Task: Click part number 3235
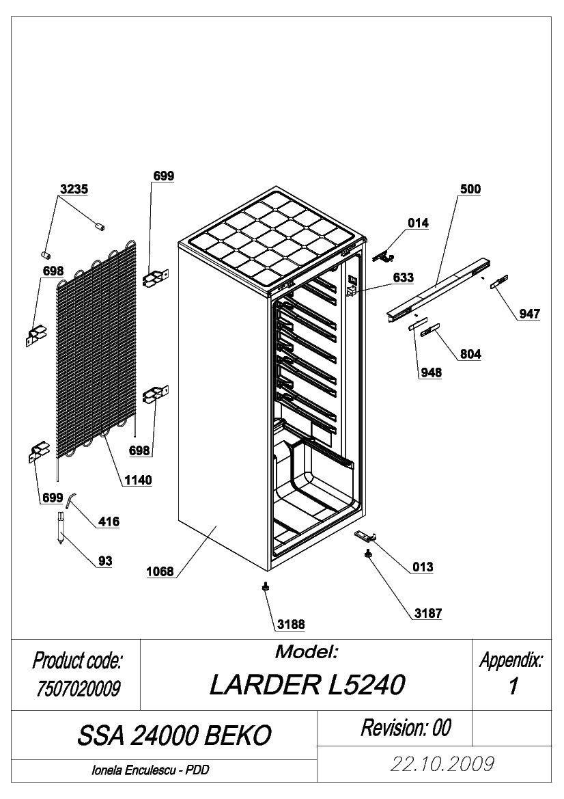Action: click(x=74, y=189)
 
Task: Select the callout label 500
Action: click(x=470, y=189)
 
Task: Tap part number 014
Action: click(x=418, y=224)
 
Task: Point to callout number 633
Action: click(x=403, y=277)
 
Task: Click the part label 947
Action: click(x=529, y=314)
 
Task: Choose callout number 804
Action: click(x=470, y=354)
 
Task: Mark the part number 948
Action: click(x=431, y=373)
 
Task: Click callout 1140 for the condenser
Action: click(x=139, y=480)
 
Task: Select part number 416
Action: click(x=109, y=522)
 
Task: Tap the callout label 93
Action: click(x=105, y=561)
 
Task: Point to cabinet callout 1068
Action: click(x=160, y=571)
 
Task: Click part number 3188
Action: click(x=291, y=624)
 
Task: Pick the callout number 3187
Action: click(x=427, y=613)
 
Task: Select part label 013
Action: click(x=423, y=567)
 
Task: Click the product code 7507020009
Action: click(x=78, y=689)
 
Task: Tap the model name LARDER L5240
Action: click(x=307, y=685)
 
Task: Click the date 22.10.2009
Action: click(x=442, y=764)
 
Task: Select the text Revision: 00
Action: click(x=406, y=728)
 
